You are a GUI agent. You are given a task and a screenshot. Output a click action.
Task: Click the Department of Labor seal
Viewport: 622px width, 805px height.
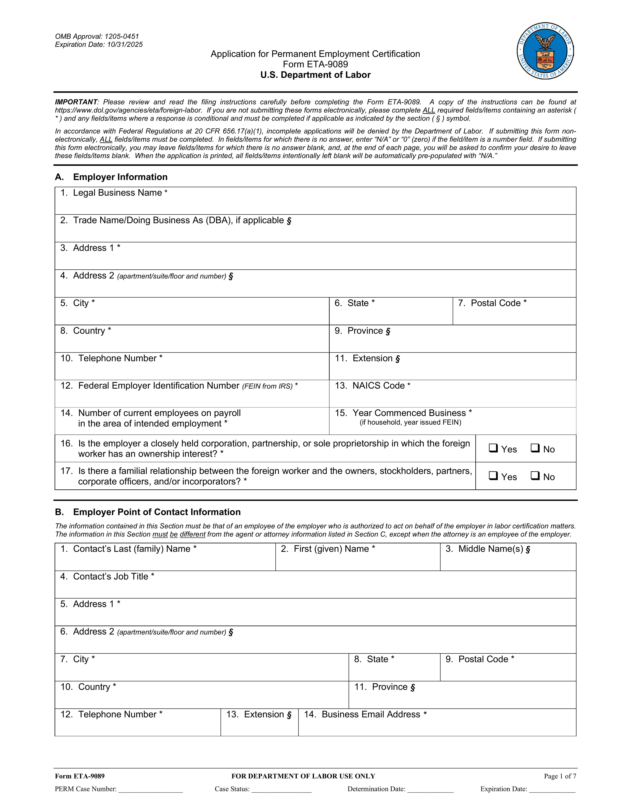click(545, 51)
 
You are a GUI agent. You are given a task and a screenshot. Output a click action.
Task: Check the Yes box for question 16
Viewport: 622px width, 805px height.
click(493, 448)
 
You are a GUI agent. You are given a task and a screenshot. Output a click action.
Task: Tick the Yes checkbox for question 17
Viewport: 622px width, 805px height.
click(493, 476)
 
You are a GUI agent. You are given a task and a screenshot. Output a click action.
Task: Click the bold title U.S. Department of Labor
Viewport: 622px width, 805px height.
click(315, 75)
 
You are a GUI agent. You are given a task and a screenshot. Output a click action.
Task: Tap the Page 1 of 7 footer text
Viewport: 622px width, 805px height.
click(560, 776)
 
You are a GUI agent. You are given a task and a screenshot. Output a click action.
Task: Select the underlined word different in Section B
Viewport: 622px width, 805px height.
click(192, 534)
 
